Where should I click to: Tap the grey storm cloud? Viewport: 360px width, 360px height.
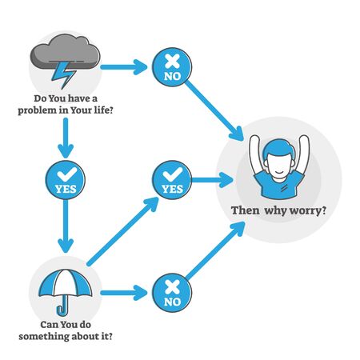(65, 54)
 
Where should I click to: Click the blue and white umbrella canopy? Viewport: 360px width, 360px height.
(65, 282)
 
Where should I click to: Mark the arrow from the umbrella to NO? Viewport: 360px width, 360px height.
(124, 294)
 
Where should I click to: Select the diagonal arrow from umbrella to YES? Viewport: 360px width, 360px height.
(120, 233)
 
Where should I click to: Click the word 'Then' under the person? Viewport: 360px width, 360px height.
(245, 212)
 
